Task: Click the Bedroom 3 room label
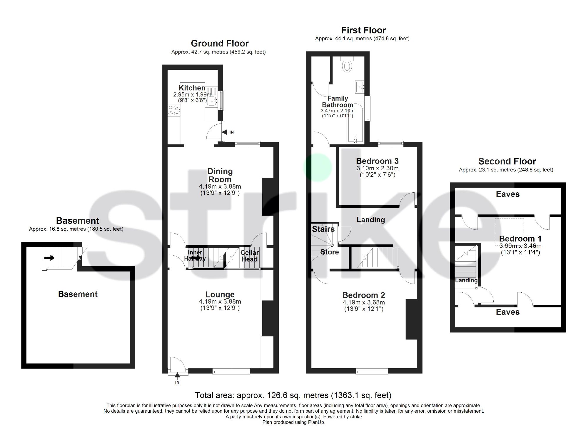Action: tap(377, 161)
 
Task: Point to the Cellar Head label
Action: tap(249, 256)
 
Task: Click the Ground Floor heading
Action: tap(220, 44)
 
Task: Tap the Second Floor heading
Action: tap(507, 161)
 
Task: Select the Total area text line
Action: tap(293, 395)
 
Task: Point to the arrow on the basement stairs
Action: tap(50, 258)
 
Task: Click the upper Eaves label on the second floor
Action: tap(507, 194)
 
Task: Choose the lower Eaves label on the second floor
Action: tap(507, 312)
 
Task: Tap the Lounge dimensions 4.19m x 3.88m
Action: tap(220, 302)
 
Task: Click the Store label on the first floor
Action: tap(330, 252)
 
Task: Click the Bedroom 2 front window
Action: tap(372, 372)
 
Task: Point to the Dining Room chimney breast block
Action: tap(268, 197)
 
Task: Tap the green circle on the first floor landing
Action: tap(318, 167)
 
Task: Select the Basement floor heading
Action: tap(78, 221)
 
